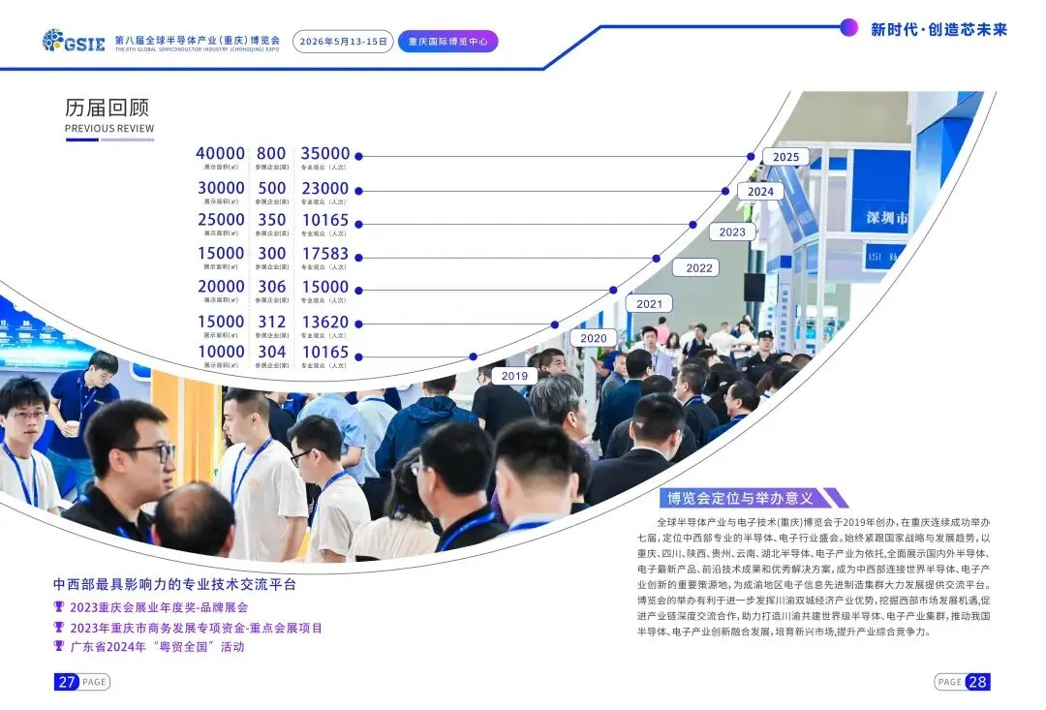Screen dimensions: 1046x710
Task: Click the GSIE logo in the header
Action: click(x=74, y=41)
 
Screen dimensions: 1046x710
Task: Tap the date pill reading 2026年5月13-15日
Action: click(x=343, y=42)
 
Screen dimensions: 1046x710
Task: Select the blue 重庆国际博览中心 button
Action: click(x=447, y=42)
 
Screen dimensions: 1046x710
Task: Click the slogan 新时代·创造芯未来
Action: click(x=938, y=29)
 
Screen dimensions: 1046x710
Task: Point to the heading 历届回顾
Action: click(x=107, y=108)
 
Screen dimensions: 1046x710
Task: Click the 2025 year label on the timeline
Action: click(x=785, y=157)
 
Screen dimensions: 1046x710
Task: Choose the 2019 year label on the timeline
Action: click(x=514, y=376)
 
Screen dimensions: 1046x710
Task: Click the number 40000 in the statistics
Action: click(x=221, y=154)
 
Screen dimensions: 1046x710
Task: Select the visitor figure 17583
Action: click(x=324, y=254)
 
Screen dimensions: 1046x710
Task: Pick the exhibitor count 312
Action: click(x=272, y=321)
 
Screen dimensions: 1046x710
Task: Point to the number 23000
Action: click(x=324, y=188)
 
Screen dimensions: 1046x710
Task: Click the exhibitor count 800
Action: click(x=271, y=154)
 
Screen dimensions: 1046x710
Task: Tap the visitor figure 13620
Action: click(x=324, y=321)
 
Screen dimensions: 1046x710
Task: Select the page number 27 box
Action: click(x=66, y=682)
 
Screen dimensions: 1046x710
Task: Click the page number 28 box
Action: click(x=977, y=682)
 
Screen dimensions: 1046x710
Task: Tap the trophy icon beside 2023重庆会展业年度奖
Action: click(x=59, y=607)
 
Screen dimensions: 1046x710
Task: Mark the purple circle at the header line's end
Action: click(x=848, y=27)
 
